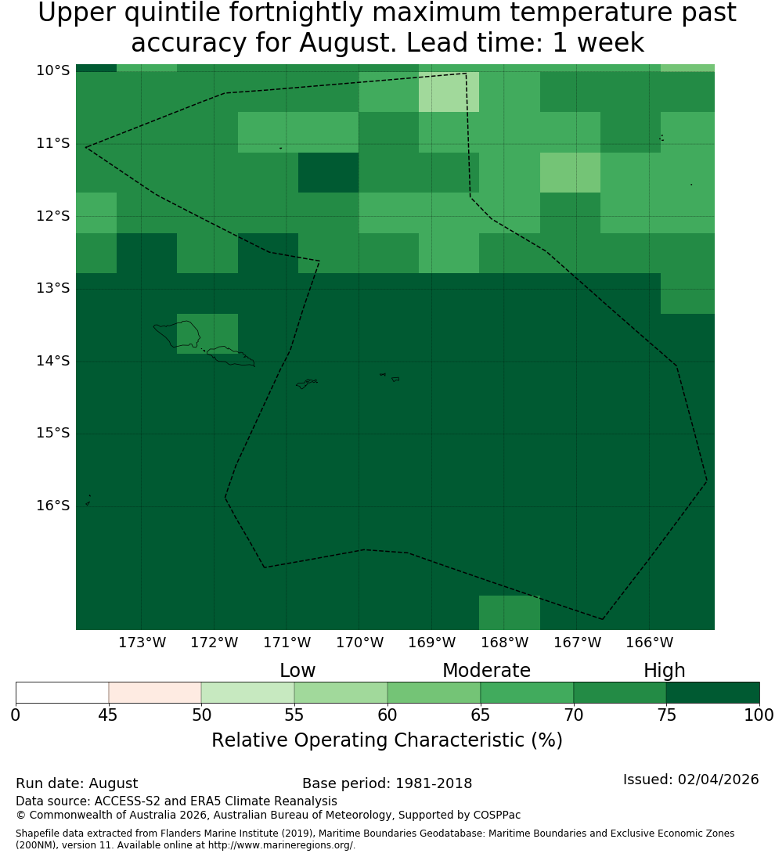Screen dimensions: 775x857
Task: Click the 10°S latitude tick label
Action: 53,70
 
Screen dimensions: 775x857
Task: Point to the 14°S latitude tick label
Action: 53,361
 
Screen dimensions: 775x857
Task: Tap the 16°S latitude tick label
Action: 53,506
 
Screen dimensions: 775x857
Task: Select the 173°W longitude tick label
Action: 142,643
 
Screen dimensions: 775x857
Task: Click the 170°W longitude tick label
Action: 359,643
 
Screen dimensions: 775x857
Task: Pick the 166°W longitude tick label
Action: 649,643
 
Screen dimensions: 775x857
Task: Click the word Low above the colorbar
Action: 297,670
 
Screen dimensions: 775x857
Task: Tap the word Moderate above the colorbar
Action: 486,670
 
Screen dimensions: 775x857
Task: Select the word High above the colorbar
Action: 664,671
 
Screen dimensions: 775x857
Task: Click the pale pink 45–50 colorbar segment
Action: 155,693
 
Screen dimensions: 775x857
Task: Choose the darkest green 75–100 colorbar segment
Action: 712,693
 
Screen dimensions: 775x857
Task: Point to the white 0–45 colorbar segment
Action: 63,693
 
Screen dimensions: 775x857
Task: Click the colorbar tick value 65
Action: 481,715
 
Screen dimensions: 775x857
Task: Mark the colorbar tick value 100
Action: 759,715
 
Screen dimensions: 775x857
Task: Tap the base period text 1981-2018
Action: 434,783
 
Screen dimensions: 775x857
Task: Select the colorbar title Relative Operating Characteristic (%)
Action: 387,740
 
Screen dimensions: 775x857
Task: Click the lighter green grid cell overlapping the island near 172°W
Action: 207,334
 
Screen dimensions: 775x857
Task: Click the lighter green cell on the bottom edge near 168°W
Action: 510,613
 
